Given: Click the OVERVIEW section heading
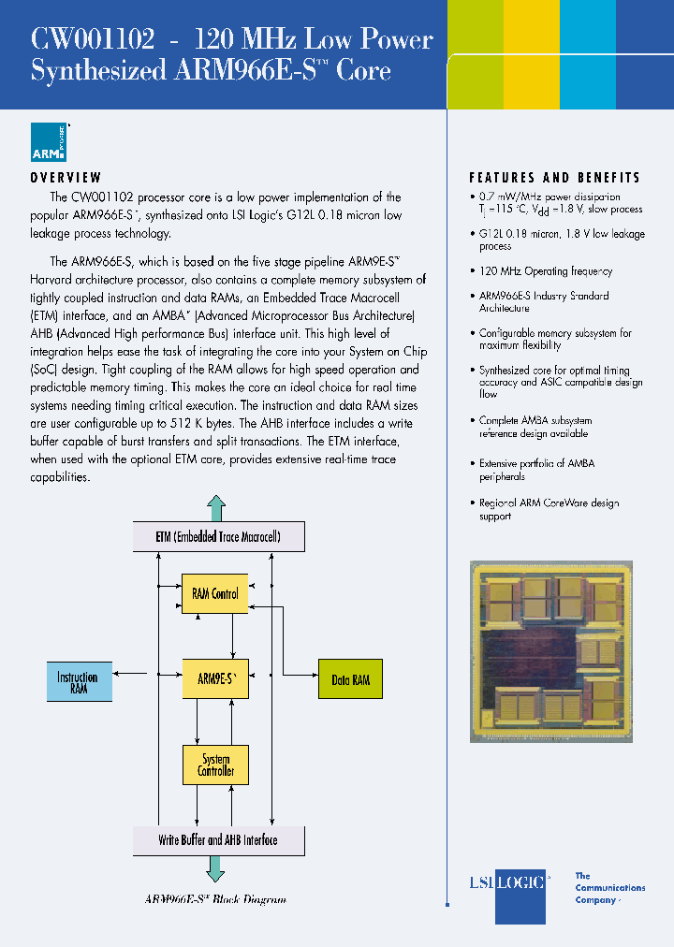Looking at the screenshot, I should (x=66, y=178).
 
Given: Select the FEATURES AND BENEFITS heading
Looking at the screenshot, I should (x=554, y=178).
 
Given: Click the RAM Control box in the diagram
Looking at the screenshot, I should (x=215, y=593).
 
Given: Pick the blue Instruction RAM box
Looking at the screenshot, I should (x=79, y=681).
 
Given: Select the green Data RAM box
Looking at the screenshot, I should (x=350, y=679).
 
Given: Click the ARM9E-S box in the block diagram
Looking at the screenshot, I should (x=216, y=678).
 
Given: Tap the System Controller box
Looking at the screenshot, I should (x=215, y=765).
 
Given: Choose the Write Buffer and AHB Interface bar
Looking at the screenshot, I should (x=217, y=839).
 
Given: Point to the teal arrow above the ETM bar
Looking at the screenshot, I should (x=216, y=508).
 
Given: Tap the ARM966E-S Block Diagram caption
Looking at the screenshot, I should (x=215, y=899).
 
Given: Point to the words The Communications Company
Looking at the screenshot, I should (x=608, y=888).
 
